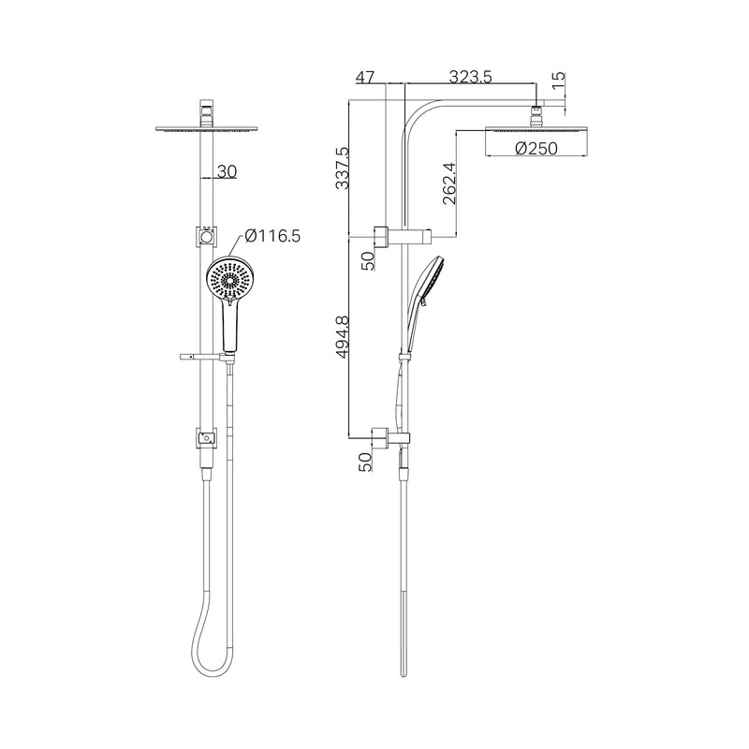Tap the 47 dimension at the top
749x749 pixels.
pos(367,78)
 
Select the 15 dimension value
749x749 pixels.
pos(559,83)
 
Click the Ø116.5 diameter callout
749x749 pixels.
pos(272,237)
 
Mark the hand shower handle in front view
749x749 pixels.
pos(229,328)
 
